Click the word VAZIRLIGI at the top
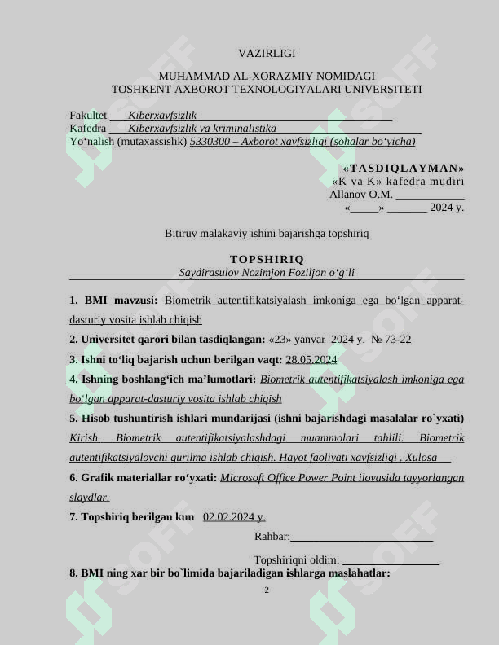[267, 53]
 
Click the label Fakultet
[88, 116]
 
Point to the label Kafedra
[88, 129]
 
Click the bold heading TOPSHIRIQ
[267, 259]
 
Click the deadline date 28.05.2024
[311, 359]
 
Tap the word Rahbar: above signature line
[272, 536]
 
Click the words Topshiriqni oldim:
[297, 560]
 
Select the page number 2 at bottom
[267, 590]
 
